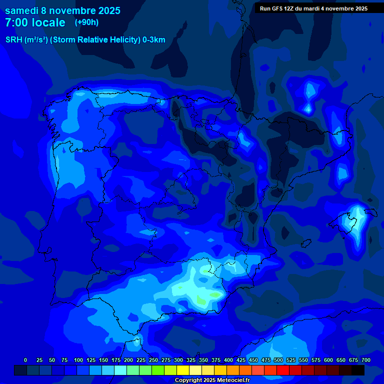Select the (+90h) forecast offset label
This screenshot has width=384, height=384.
(x=87, y=22)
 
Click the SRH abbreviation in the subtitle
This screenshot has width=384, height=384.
(x=13, y=40)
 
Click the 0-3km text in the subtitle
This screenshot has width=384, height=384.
(x=154, y=40)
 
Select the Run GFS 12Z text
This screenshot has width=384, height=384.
(x=279, y=8)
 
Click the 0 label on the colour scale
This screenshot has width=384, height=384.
(x=25, y=360)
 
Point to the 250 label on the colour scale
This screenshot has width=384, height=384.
(x=153, y=360)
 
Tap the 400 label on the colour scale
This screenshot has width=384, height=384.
(x=228, y=360)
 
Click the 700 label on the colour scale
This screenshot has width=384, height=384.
(x=365, y=360)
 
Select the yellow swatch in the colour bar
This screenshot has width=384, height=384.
(x=183, y=370)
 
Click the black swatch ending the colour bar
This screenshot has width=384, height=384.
(x=358, y=370)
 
